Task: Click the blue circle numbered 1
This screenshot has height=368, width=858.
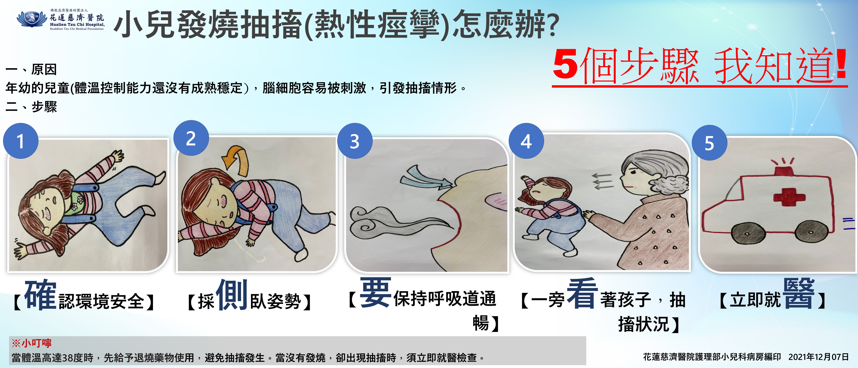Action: pyautogui.click(x=21, y=141)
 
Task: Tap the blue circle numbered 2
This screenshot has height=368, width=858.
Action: pyautogui.click(x=191, y=138)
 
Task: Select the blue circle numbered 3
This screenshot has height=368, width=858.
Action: pyautogui.click(x=355, y=141)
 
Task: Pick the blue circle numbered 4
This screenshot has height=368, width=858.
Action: pyautogui.click(x=526, y=141)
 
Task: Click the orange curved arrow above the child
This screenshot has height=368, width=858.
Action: pyautogui.click(x=236, y=160)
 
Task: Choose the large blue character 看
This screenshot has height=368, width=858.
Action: pyautogui.click(x=582, y=293)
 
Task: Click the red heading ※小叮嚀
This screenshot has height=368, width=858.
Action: pyautogui.click(x=32, y=343)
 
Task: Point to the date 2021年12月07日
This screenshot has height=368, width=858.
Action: pyautogui.click(x=818, y=357)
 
